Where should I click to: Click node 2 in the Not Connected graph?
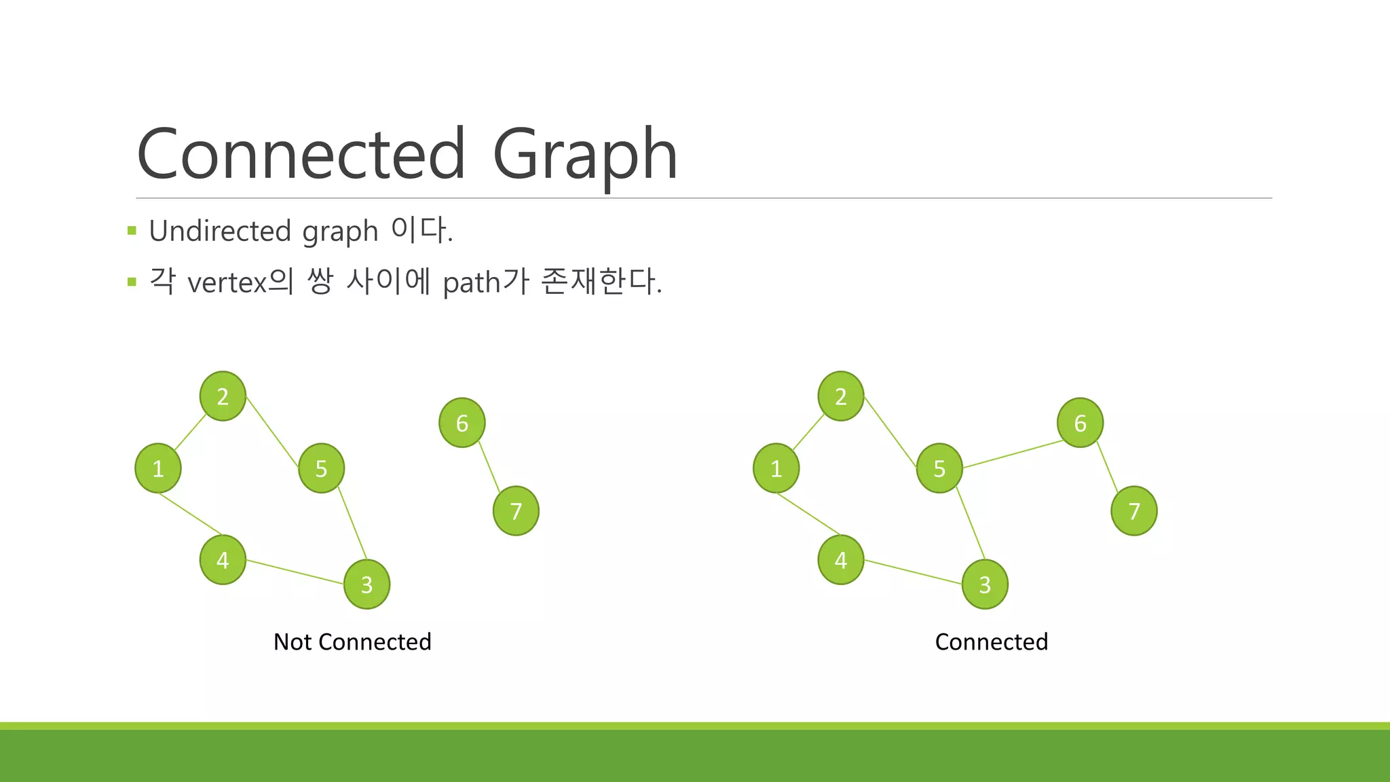point(223,396)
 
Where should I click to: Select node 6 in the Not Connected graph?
point(462,422)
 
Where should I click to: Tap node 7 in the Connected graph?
point(1133,510)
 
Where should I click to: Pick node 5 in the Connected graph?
point(939,468)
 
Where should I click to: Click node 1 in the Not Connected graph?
point(158,468)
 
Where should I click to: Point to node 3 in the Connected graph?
point(985,584)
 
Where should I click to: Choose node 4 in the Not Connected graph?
point(223,559)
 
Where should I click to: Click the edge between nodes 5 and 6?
point(1013,454)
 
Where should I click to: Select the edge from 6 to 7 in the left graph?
point(489,467)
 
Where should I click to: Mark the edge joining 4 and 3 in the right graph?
point(913,572)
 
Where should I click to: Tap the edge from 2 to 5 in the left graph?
point(272,432)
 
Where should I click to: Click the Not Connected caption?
point(352,641)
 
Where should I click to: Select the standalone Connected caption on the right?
point(991,641)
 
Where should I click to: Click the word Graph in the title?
point(584,155)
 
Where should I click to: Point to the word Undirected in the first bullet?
point(220,231)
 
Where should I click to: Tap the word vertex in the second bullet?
point(227,282)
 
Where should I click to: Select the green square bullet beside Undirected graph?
point(132,231)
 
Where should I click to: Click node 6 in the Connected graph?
point(1080,422)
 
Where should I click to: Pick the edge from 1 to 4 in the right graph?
point(808,514)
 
